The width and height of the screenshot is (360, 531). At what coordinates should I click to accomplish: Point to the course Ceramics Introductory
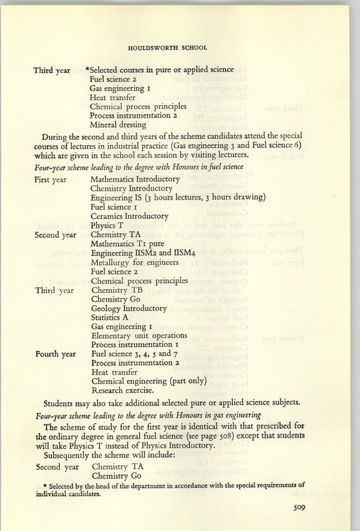pyautogui.click(x=129, y=216)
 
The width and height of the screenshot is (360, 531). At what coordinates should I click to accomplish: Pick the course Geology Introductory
pyautogui.click(x=129, y=308)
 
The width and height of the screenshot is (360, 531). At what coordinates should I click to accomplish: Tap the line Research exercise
pyautogui.click(x=122, y=390)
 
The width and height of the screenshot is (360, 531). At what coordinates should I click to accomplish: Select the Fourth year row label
pyautogui.click(x=55, y=354)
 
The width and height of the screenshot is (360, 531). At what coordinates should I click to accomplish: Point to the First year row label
pyautogui.click(x=50, y=179)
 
